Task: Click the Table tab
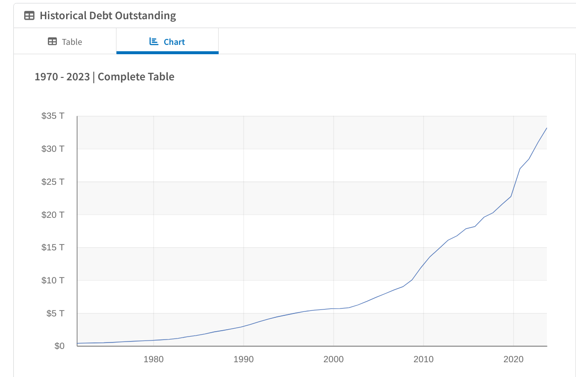65,42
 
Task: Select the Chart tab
167,42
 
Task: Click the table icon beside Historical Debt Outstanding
30,16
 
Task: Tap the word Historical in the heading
62,16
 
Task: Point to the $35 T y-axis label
53,116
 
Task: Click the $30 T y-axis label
53,149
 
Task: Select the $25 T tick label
53,182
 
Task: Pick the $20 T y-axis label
53,215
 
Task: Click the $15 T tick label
53,247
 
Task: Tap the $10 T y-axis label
53,280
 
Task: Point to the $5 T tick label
55,313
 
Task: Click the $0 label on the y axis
59,346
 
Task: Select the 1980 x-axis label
154,359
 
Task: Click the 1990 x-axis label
243,359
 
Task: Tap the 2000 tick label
334,359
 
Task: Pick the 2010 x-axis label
423,359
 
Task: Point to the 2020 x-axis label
513,359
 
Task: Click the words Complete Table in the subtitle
136,77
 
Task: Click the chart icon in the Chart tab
154,41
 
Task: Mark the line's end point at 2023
546,128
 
